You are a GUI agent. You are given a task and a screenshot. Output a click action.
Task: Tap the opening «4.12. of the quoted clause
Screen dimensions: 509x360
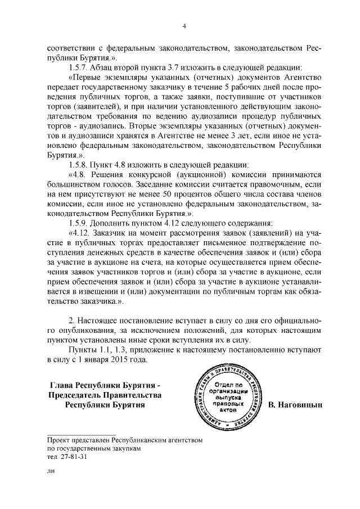pos(81,233)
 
